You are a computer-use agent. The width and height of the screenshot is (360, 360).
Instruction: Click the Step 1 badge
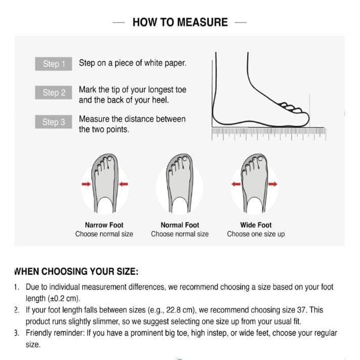(x=54, y=64)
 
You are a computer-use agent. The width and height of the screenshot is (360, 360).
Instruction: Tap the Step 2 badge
(x=54, y=93)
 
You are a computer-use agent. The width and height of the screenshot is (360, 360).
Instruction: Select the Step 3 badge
(x=54, y=122)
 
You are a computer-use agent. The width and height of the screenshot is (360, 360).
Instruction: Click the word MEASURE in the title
(x=202, y=22)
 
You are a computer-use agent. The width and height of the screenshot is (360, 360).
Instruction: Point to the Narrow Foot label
(x=104, y=225)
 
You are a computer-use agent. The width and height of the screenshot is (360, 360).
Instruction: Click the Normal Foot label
(x=180, y=225)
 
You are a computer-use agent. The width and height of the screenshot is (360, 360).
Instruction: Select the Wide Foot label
(x=256, y=225)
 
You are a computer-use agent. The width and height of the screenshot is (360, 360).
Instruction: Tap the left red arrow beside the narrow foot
(x=86, y=184)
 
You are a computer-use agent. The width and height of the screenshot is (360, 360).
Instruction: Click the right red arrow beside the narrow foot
(x=123, y=184)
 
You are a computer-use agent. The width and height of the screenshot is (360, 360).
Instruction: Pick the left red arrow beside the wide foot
(x=236, y=184)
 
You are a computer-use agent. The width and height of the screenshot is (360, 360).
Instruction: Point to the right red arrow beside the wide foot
(x=273, y=184)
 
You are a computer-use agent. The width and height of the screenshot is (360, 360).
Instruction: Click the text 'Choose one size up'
(x=256, y=234)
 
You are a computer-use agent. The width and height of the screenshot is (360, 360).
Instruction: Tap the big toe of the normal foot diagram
(x=187, y=159)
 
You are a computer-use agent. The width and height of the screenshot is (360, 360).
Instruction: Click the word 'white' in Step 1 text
(x=153, y=63)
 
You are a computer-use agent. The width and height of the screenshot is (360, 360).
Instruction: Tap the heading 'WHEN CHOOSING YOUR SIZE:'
(x=76, y=272)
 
